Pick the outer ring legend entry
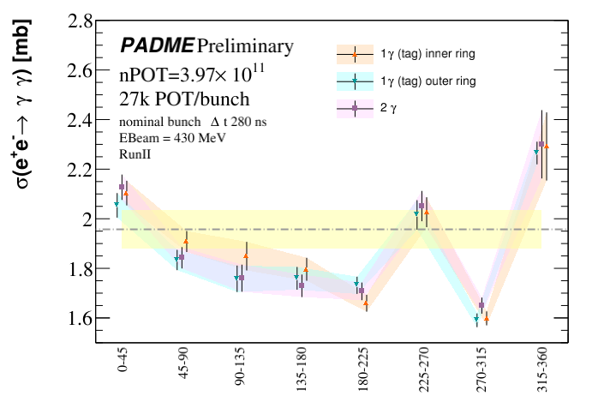pos(428,80)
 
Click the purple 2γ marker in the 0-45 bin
pos(122,186)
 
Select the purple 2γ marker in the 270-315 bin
pos(481,305)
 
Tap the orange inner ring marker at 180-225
pos(366,303)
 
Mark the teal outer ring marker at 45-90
pos(176,259)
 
